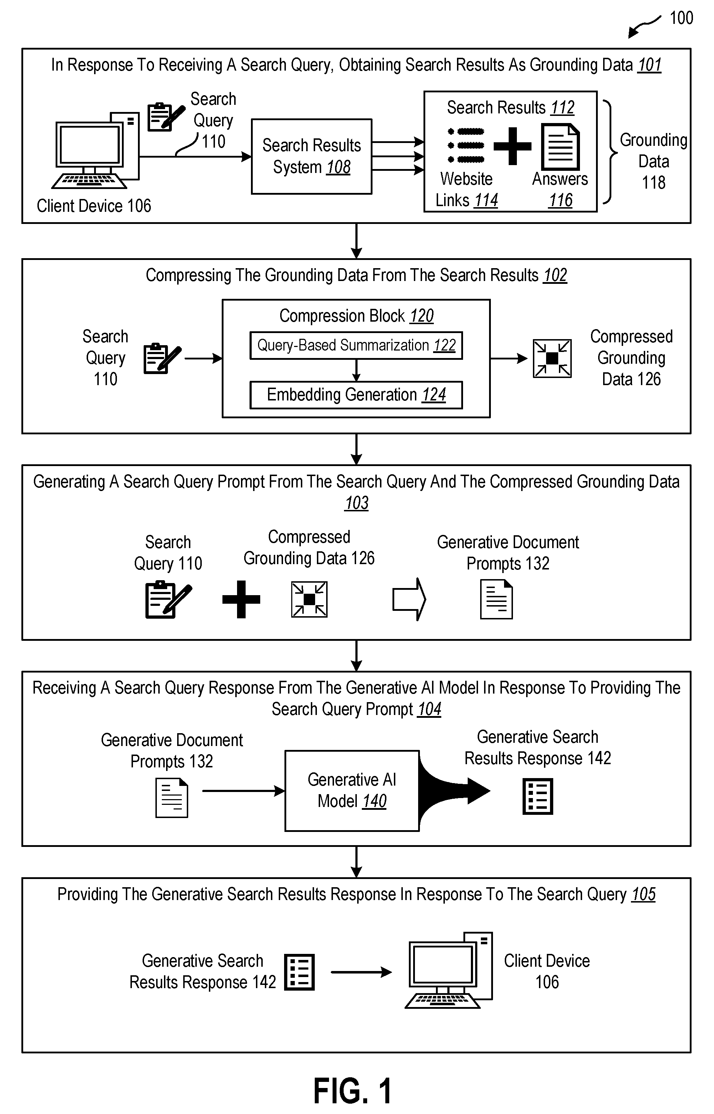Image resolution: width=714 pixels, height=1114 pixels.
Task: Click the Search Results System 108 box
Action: point(312,156)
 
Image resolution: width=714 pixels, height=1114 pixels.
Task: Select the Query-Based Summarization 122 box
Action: point(356,345)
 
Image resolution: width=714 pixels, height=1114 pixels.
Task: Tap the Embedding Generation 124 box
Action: point(356,395)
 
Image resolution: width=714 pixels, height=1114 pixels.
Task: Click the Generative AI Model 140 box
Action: point(352,791)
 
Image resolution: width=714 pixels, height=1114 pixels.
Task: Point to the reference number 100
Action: point(681,18)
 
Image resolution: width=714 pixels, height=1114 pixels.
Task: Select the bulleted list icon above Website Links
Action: point(466,145)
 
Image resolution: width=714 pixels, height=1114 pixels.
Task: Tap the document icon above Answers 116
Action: point(560,147)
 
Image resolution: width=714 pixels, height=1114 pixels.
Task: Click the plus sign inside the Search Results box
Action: point(512,146)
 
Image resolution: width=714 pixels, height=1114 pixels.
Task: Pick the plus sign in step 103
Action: point(241,599)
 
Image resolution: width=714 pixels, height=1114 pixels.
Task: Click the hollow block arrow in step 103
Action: point(409,599)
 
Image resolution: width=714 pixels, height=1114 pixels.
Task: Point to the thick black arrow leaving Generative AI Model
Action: point(454,791)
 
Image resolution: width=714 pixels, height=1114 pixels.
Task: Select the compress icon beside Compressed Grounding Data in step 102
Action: point(552,358)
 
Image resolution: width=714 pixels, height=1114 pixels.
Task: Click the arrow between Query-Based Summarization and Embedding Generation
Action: point(356,370)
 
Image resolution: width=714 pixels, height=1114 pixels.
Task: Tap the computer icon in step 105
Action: point(449,970)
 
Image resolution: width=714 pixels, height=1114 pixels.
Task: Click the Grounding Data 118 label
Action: point(653,161)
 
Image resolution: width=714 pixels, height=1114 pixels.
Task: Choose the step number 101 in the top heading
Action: point(649,65)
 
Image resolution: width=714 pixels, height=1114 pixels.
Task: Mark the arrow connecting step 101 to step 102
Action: point(356,241)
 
